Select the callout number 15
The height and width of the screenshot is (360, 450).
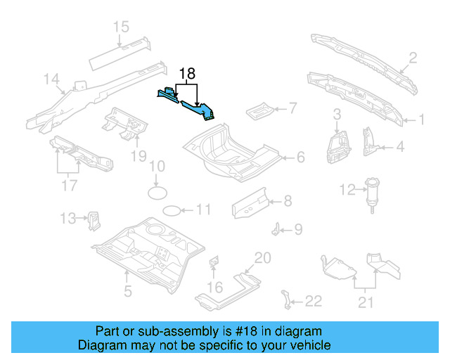coord(121,27)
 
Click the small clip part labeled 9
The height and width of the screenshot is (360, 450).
coord(278,229)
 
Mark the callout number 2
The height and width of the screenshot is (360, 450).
coord(413,58)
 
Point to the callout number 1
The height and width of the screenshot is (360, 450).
coord(422,120)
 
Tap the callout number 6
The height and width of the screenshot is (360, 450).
coord(300,157)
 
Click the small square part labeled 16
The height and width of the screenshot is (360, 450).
coord(214,264)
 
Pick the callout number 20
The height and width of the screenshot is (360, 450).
coord(262,258)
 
